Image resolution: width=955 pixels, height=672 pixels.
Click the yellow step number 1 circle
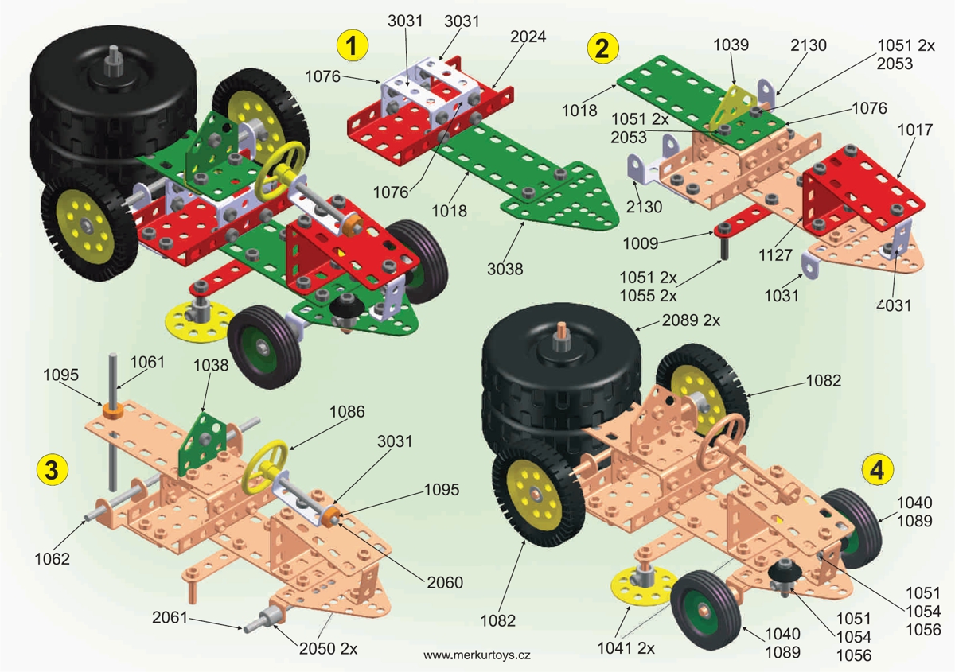point(353,45)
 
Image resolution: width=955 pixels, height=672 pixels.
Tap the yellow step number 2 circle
point(602,49)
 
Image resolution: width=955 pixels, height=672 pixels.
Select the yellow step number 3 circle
point(52,470)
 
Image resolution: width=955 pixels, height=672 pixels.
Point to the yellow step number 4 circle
point(878,470)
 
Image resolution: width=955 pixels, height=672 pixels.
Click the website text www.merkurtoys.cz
point(477,655)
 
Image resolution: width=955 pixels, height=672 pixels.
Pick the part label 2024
point(528,37)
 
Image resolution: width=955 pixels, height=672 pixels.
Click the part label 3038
point(505,269)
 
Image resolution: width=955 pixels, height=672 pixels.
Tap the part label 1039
point(731,45)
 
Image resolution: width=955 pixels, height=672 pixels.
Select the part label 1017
point(915,130)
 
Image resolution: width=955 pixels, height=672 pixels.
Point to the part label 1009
point(641,243)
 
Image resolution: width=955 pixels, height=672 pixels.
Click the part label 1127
point(775,255)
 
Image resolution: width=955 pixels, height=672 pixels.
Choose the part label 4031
point(894,305)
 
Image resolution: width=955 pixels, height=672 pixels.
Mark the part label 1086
point(347,412)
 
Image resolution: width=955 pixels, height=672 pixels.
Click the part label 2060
point(445,582)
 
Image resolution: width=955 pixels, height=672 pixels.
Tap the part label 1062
point(52,558)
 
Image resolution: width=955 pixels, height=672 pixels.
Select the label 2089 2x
point(691,320)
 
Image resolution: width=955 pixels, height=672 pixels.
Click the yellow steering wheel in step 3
point(265,467)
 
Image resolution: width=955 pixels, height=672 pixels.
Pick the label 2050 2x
point(328,649)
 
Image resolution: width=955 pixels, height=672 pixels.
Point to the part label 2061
point(170,617)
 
